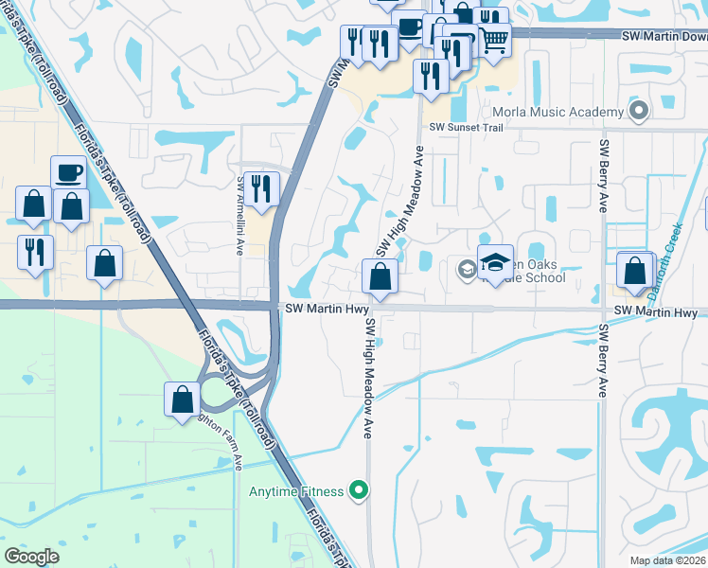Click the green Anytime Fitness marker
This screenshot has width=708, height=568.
pyautogui.click(x=358, y=490)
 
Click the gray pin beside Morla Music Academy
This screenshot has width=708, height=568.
pyautogui.click(x=639, y=112)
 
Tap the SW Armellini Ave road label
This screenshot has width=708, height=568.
pyautogui.click(x=241, y=214)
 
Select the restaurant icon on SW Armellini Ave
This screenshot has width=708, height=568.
pyautogui.click(x=262, y=188)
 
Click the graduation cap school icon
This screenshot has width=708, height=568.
pyautogui.click(x=495, y=261)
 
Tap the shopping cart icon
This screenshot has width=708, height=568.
pyautogui.click(x=494, y=39)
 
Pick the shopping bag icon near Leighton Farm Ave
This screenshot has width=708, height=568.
pyautogui.click(x=182, y=399)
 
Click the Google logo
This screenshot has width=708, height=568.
pyautogui.click(x=31, y=557)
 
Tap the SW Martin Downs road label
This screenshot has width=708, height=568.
pyautogui.click(x=664, y=36)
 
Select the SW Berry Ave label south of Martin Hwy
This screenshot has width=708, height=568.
pyautogui.click(x=602, y=360)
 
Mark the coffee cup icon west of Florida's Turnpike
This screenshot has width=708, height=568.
pyautogui.click(x=68, y=173)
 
